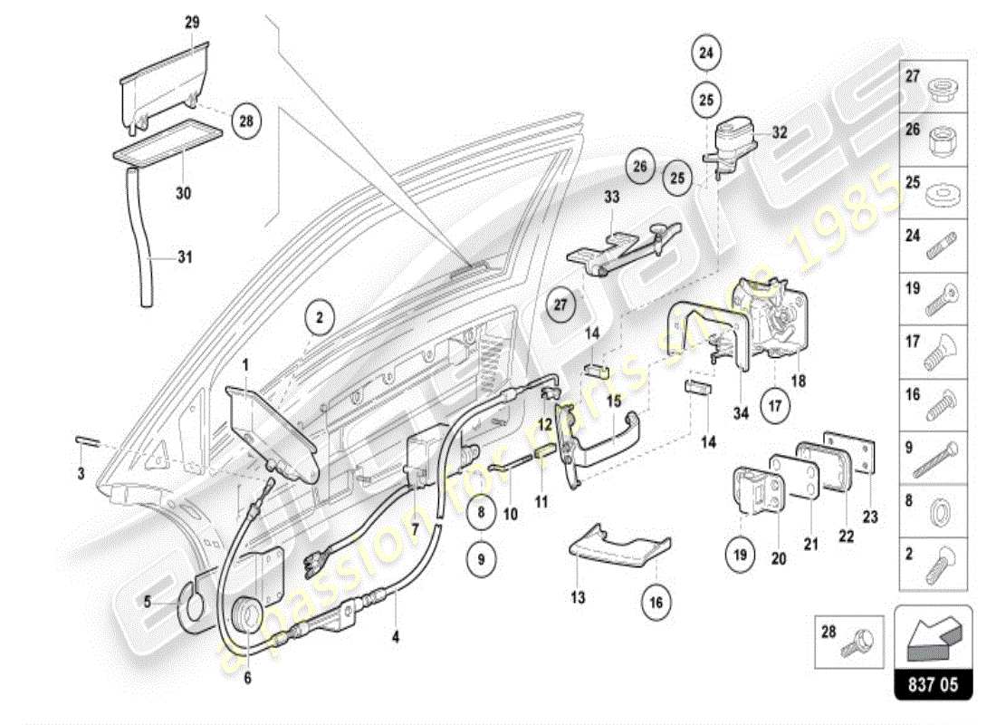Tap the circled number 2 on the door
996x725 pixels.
coord(319,318)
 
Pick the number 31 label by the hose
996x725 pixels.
coord(185,256)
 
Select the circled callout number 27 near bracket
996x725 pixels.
coord(560,305)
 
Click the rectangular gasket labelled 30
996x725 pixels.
coord(169,143)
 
